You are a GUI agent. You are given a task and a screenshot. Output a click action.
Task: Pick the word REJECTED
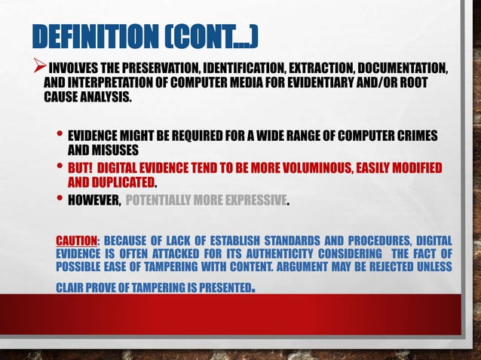pos(384,268)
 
